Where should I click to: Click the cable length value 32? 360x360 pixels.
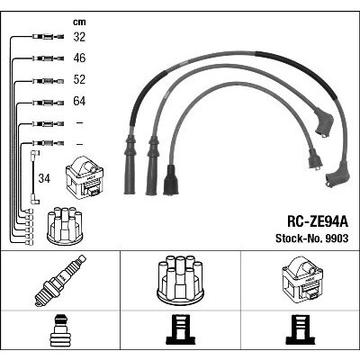pos(79,37)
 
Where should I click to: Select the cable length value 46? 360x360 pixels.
pos(79,58)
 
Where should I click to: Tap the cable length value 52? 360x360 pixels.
pos(79,79)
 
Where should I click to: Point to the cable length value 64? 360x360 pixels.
pos(79,101)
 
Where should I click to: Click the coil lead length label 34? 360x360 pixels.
pos(44,178)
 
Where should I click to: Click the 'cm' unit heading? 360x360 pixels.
pos(79,22)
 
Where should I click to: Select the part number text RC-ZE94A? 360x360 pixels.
pos(318,222)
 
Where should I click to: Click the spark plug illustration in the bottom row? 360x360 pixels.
pos(60,281)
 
